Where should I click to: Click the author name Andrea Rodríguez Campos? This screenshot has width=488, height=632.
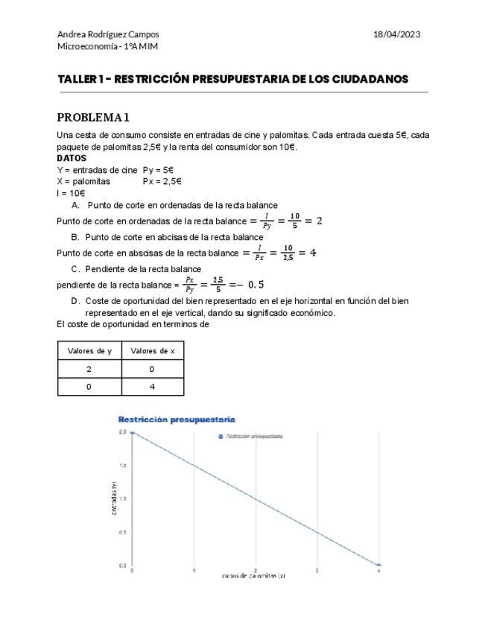point(108,34)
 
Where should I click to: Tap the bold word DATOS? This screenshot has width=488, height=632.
point(72,158)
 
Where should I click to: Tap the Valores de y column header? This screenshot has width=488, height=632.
point(89,350)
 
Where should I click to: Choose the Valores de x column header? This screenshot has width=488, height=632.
point(152,350)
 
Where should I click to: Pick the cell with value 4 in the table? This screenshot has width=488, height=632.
point(152,387)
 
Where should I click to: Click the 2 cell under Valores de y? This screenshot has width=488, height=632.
point(89,369)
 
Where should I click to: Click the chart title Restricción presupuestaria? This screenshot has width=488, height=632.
point(176,419)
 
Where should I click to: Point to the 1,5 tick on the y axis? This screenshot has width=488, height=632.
point(122,465)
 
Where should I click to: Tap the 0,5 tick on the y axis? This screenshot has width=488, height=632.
point(122,532)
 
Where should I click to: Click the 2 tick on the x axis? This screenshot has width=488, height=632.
point(256,571)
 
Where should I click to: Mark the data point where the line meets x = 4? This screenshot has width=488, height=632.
point(378,566)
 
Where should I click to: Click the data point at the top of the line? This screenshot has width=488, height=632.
point(133,432)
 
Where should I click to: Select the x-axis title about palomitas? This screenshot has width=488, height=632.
point(253,576)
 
